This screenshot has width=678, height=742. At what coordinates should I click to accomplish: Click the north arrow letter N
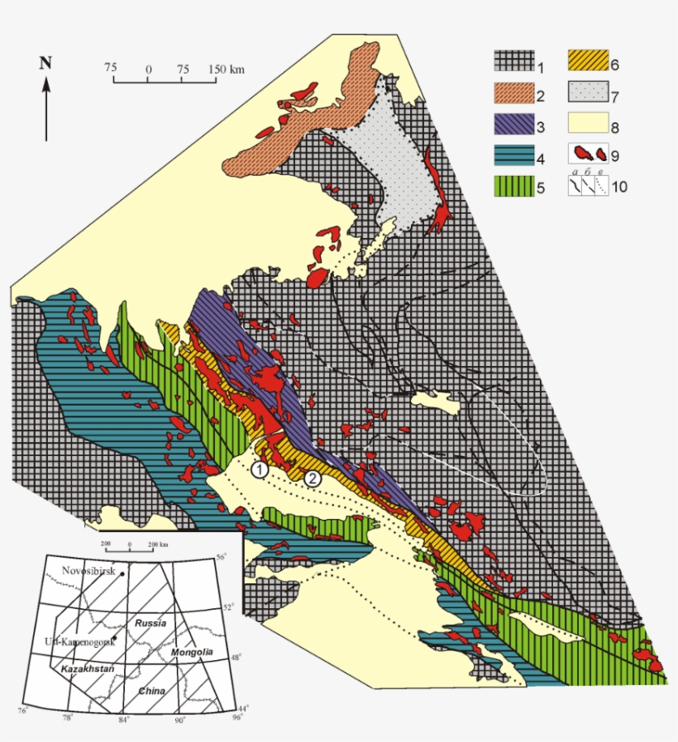point(46,62)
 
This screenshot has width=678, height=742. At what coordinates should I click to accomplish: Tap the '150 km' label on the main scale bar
point(226,69)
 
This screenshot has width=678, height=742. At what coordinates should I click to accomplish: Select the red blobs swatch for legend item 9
point(588,155)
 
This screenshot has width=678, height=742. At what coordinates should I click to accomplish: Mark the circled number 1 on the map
point(260,470)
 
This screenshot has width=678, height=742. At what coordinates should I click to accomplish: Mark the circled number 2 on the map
point(313,478)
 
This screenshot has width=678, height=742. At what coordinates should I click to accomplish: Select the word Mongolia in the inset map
point(192,653)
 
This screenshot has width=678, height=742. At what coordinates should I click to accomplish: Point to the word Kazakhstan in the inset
point(83,666)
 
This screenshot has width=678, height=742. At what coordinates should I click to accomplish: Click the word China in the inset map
point(151,691)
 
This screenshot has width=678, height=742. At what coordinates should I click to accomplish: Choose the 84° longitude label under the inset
point(124,720)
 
